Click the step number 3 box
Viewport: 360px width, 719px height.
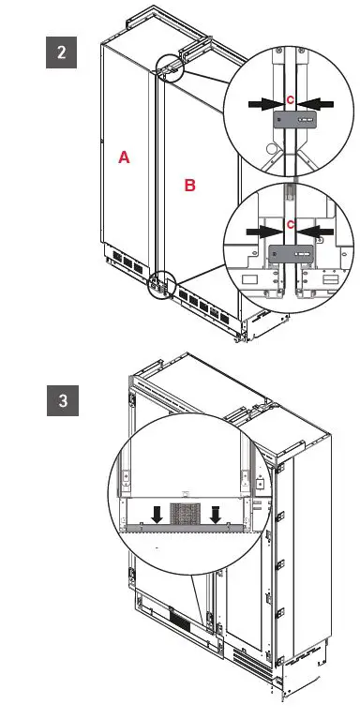click(62, 401)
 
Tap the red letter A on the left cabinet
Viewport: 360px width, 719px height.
click(124, 158)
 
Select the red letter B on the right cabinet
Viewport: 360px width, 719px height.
click(189, 186)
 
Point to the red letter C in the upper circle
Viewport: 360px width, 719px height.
click(291, 99)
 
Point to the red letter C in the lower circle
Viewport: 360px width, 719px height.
click(291, 225)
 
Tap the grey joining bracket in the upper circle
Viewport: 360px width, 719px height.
click(292, 119)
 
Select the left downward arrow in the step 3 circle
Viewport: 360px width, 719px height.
click(159, 513)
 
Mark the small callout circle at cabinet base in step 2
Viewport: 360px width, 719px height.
click(160, 283)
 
